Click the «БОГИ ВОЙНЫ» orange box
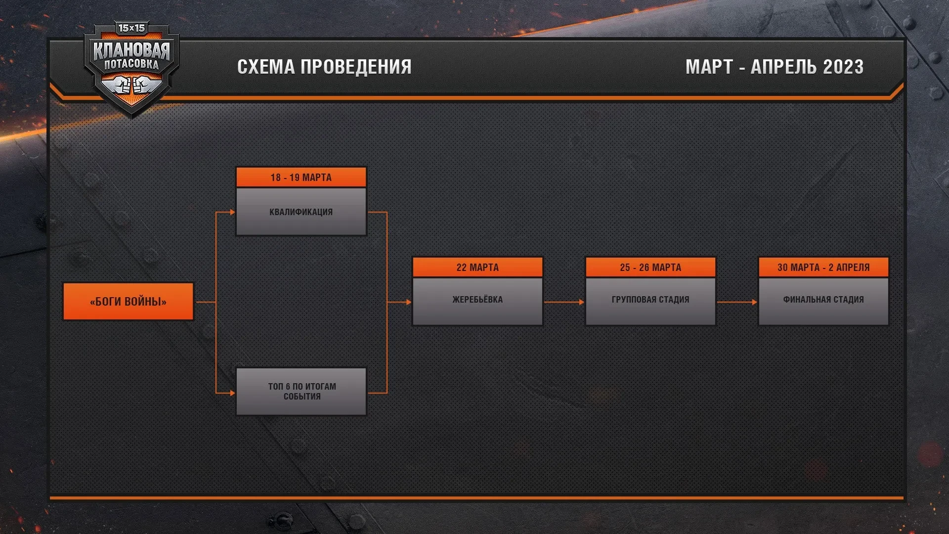tap(128, 302)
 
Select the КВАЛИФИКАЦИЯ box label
tap(301, 212)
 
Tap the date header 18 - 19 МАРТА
tap(301, 178)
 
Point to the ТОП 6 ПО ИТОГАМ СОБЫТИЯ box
tap(302, 392)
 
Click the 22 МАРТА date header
tap(477, 267)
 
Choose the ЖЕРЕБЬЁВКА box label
tap(477, 300)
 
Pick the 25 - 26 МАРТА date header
tap(650, 267)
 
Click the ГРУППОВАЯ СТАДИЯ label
tap(650, 300)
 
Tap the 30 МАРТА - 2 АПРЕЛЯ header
tap(823, 267)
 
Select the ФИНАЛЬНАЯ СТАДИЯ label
tap(823, 300)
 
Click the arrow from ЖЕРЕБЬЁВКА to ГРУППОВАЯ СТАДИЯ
tap(564, 302)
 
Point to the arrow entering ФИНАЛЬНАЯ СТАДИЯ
tap(737, 302)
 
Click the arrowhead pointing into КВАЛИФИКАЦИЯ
tap(232, 212)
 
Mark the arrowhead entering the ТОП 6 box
tap(232, 393)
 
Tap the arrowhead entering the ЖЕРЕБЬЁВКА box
tap(408, 302)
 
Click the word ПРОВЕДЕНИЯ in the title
tap(356, 67)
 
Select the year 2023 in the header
tap(843, 67)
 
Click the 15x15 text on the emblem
tap(131, 28)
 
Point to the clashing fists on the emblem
tap(131, 85)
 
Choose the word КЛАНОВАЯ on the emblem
tap(131, 50)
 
